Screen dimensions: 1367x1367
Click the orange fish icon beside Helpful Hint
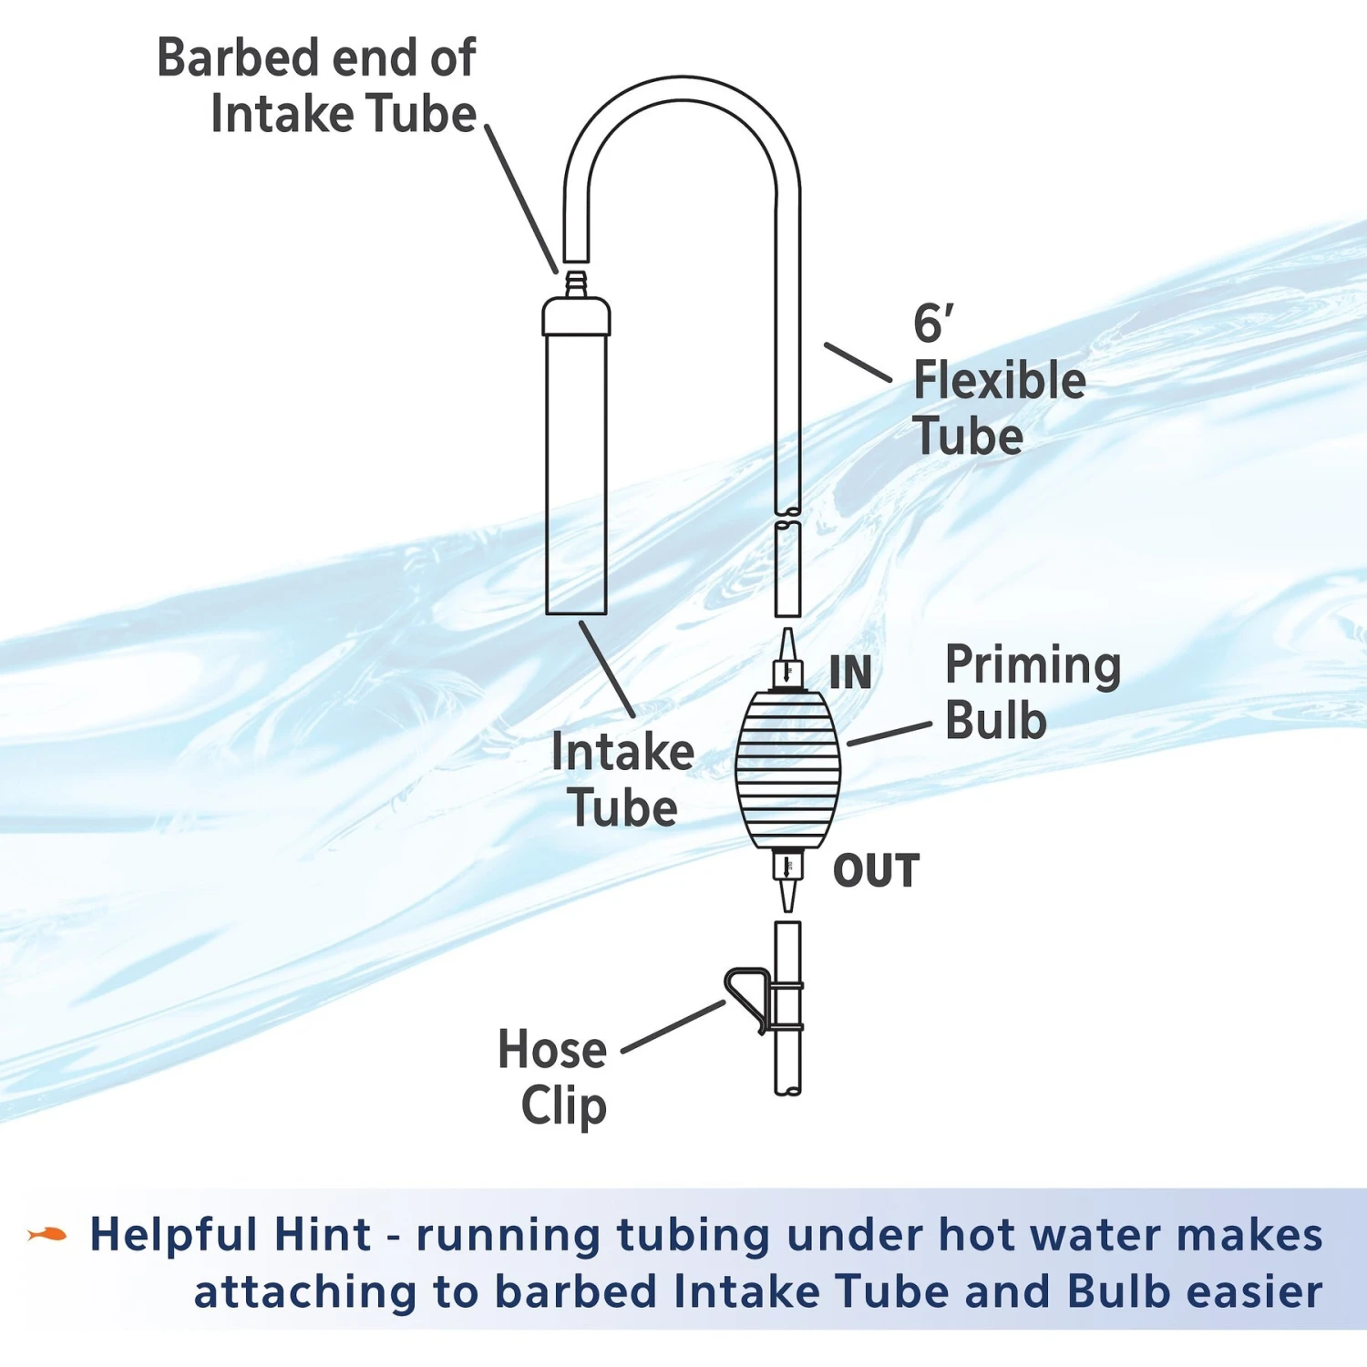(x=47, y=1235)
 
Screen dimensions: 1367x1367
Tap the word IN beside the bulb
(x=850, y=673)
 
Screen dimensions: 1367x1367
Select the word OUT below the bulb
(x=876, y=871)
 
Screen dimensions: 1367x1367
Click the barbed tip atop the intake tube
(x=575, y=283)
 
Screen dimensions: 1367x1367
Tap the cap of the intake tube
(x=576, y=316)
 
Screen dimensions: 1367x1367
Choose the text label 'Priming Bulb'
(x=1033, y=693)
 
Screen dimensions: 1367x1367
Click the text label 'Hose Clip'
(x=554, y=1077)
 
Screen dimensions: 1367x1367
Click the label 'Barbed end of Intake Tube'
(x=317, y=86)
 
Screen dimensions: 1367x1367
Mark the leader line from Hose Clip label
(x=673, y=1027)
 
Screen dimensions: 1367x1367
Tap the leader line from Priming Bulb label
(x=889, y=735)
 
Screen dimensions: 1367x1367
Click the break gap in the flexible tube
(x=788, y=516)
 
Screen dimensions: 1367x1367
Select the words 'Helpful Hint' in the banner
(x=230, y=1235)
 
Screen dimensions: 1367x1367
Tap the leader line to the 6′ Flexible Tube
(x=858, y=362)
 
